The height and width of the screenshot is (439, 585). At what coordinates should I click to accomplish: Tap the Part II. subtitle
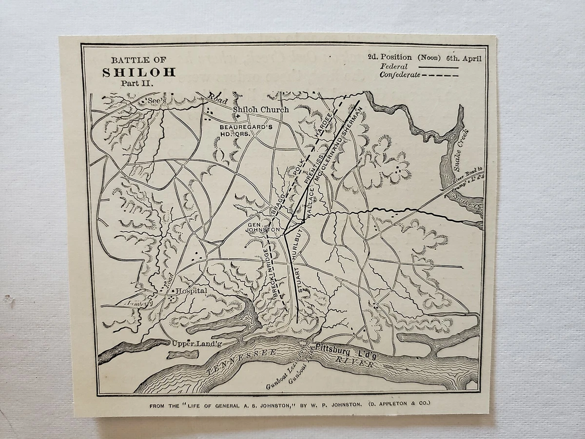(x=138, y=83)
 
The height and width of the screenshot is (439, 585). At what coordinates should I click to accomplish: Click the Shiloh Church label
(x=260, y=110)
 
